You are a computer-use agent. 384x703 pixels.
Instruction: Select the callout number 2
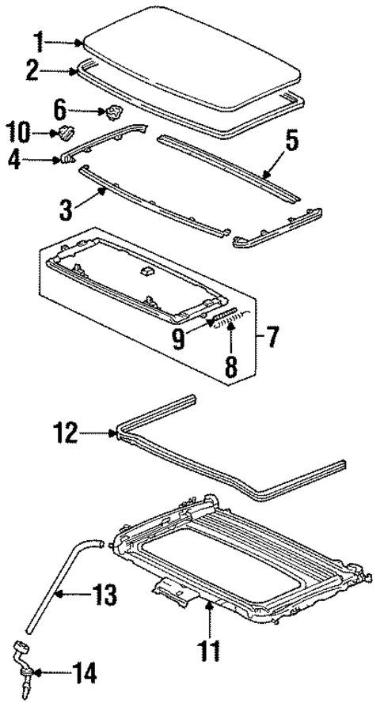click(32, 70)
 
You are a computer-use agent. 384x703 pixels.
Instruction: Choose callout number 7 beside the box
click(272, 338)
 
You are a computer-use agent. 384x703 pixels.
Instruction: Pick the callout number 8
click(229, 366)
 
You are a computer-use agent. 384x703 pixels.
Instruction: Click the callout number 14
click(86, 673)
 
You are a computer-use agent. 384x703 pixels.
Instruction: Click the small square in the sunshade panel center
click(146, 270)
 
